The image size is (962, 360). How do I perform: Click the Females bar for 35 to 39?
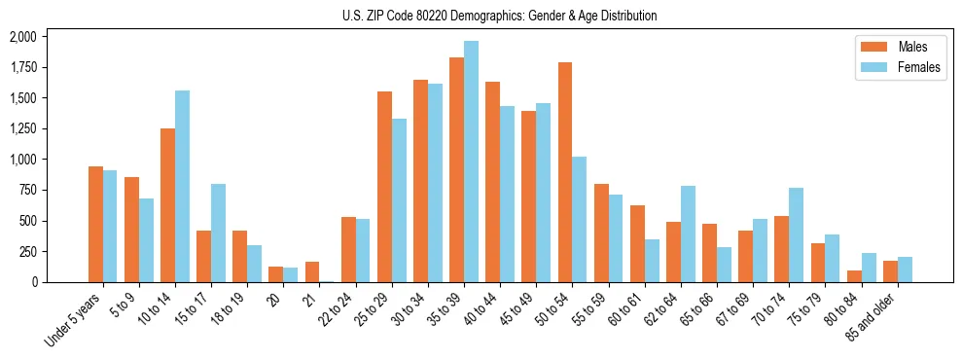click(x=471, y=162)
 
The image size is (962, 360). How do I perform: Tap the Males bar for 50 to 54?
click(x=565, y=172)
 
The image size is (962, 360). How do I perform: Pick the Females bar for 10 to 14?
click(x=182, y=186)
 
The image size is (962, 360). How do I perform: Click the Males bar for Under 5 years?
click(x=95, y=224)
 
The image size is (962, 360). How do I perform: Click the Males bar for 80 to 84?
click(x=854, y=276)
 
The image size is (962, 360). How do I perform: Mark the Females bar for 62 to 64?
click(x=688, y=234)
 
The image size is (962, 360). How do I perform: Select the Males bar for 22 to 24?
click(x=348, y=249)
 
